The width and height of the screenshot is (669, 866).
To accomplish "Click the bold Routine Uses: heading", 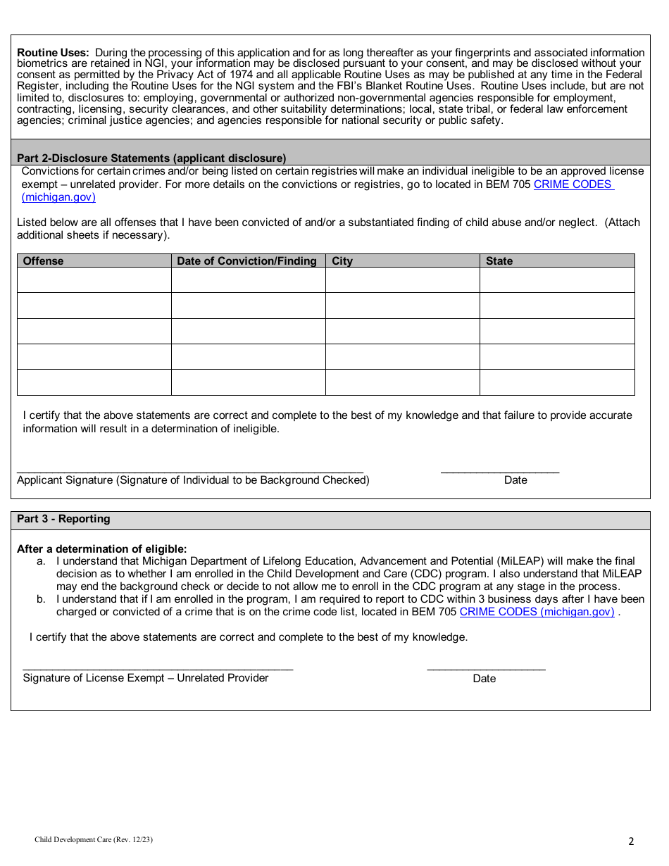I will tap(53, 53).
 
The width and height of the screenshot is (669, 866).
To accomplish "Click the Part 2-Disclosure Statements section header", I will tap(151, 158).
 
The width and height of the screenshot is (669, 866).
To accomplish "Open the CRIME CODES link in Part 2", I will tap(573, 184).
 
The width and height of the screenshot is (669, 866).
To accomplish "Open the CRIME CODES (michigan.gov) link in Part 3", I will tap(537, 612).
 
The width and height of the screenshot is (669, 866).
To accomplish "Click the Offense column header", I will tap(44, 261).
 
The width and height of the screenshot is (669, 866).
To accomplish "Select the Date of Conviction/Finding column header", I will tap(246, 261).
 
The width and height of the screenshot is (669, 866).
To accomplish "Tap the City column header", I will tap(342, 261).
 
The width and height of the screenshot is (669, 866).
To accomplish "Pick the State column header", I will tap(499, 261).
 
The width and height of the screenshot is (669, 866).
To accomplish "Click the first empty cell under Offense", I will tap(94, 280).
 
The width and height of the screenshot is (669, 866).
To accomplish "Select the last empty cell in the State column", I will tap(556, 382).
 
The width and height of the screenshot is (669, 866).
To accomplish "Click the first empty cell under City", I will tap(402, 280).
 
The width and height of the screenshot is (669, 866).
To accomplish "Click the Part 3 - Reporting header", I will tap(63, 519).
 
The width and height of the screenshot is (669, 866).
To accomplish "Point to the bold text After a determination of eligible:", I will tap(102, 549).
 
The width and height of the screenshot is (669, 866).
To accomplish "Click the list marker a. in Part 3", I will tap(41, 562).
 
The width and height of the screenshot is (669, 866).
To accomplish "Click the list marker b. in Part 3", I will tap(41, 600).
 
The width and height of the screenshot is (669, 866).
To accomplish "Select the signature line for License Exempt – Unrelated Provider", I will tap(158, 666).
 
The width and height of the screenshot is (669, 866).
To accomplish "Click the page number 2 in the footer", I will tap(631, 841).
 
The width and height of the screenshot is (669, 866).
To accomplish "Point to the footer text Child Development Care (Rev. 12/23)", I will tap(94, 840).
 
